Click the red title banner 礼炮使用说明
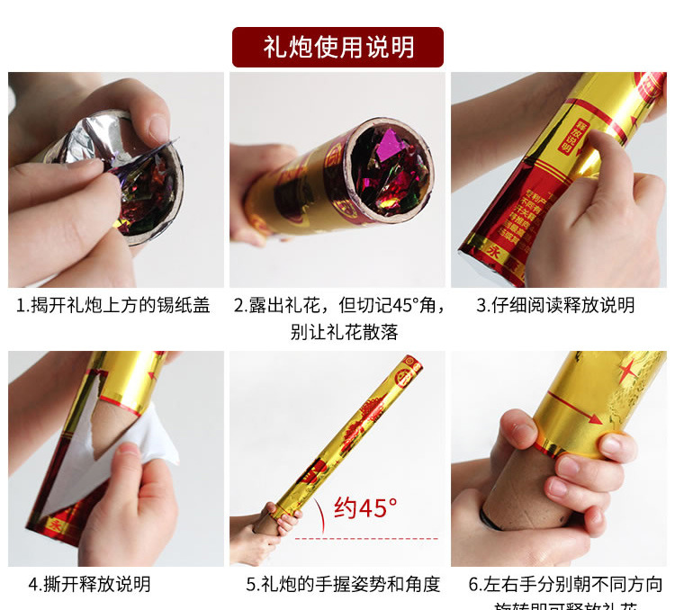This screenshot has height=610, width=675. pos(337,47)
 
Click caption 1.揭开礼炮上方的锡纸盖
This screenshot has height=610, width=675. pos(113,306)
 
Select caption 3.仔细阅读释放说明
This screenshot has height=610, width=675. pos(555,306)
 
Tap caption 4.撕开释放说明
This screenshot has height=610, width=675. pos(89,584)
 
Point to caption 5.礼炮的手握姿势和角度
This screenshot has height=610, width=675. pos(343,584)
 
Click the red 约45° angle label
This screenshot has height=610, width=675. pos(365,508)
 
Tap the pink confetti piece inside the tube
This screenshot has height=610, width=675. pos(389,145)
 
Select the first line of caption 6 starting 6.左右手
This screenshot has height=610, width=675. pos(565,584)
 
